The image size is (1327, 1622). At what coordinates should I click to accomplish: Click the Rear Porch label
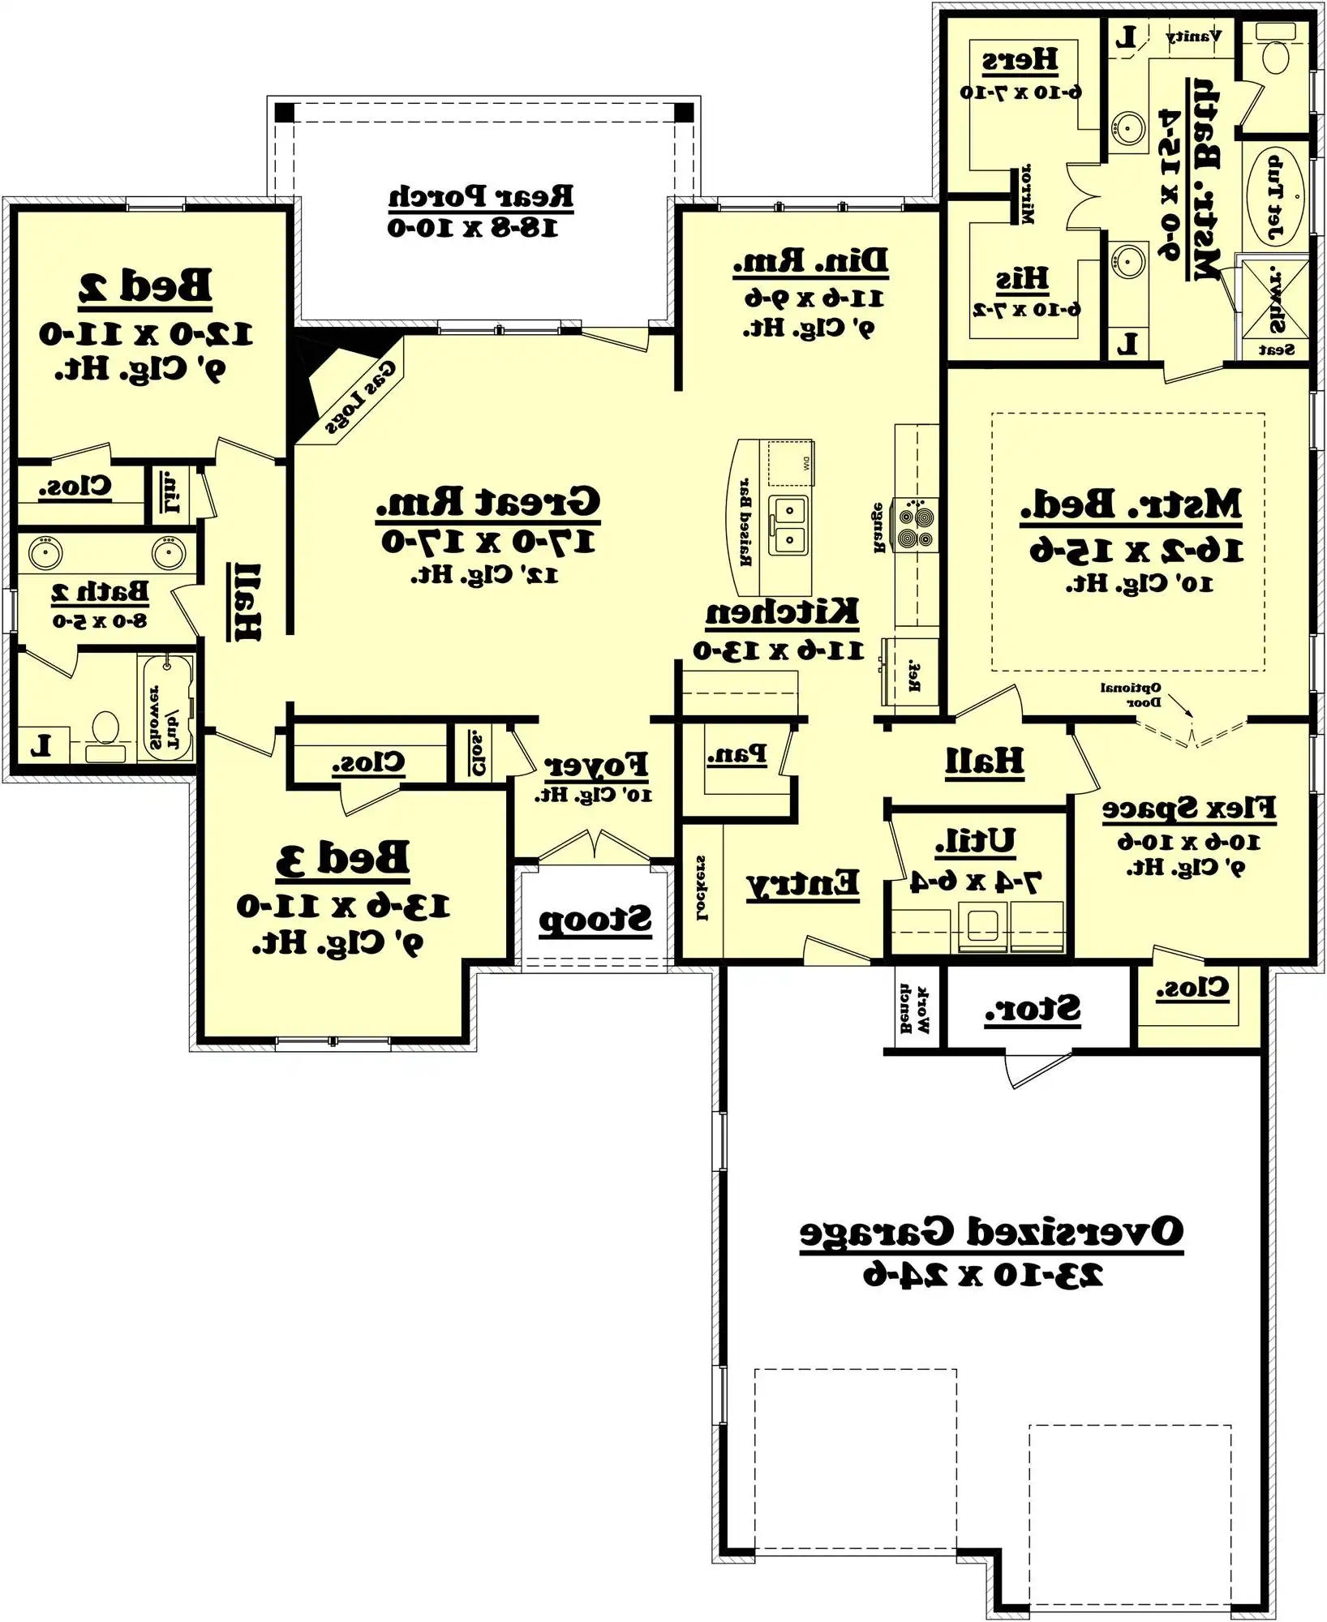point(480,197)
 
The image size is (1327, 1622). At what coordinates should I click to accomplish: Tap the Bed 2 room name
point(145,286)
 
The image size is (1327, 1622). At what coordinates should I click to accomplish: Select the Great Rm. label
point(488,503)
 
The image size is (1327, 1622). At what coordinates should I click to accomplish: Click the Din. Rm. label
point(810,261)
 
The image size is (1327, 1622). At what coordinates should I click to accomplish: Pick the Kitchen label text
point(781,612)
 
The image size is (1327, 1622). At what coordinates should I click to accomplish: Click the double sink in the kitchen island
point(788,525)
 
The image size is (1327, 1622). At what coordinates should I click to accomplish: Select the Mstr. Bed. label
point(1131,505)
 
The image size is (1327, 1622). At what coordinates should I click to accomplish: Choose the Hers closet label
point(1020,60)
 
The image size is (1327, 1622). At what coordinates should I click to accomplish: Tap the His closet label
point(1022,280)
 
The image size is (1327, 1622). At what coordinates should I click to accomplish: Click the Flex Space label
point(1188,809)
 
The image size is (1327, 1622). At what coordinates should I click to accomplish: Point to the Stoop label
point(595,920)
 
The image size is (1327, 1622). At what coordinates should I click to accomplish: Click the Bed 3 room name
point(342,858)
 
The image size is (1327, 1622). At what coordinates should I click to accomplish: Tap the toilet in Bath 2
point(105,734)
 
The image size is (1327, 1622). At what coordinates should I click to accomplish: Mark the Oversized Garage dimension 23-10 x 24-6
point(983,1276)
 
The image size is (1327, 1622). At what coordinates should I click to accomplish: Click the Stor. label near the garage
point(1032,1011)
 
